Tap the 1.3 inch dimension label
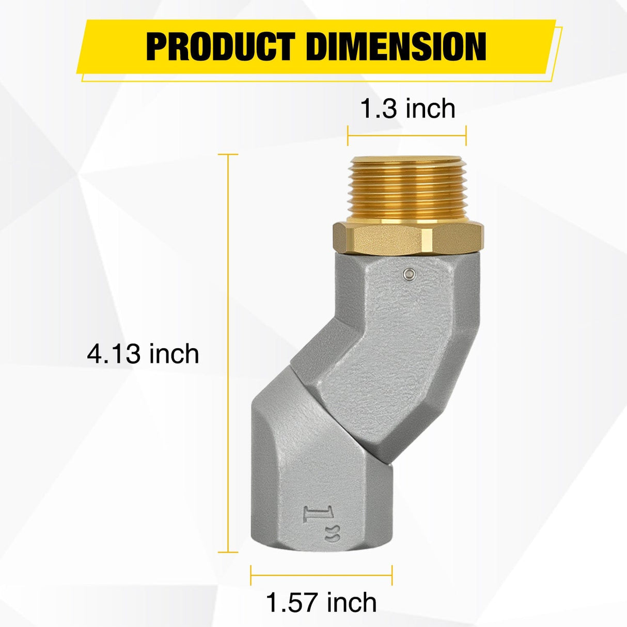tap(407, 109)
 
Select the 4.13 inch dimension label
tap(143, 354)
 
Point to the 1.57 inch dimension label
tap(321, 602)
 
